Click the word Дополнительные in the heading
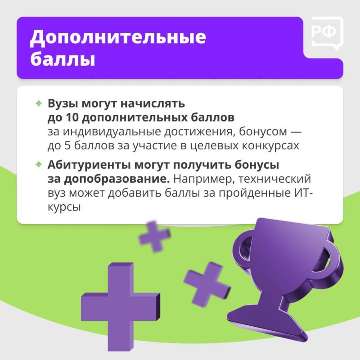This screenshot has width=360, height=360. [x=118, y=39]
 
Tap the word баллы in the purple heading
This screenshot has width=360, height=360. [x=63, y=60]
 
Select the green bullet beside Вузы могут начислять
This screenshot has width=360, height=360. [x=39, y=103]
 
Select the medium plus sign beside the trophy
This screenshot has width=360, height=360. [x=207, y=282]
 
